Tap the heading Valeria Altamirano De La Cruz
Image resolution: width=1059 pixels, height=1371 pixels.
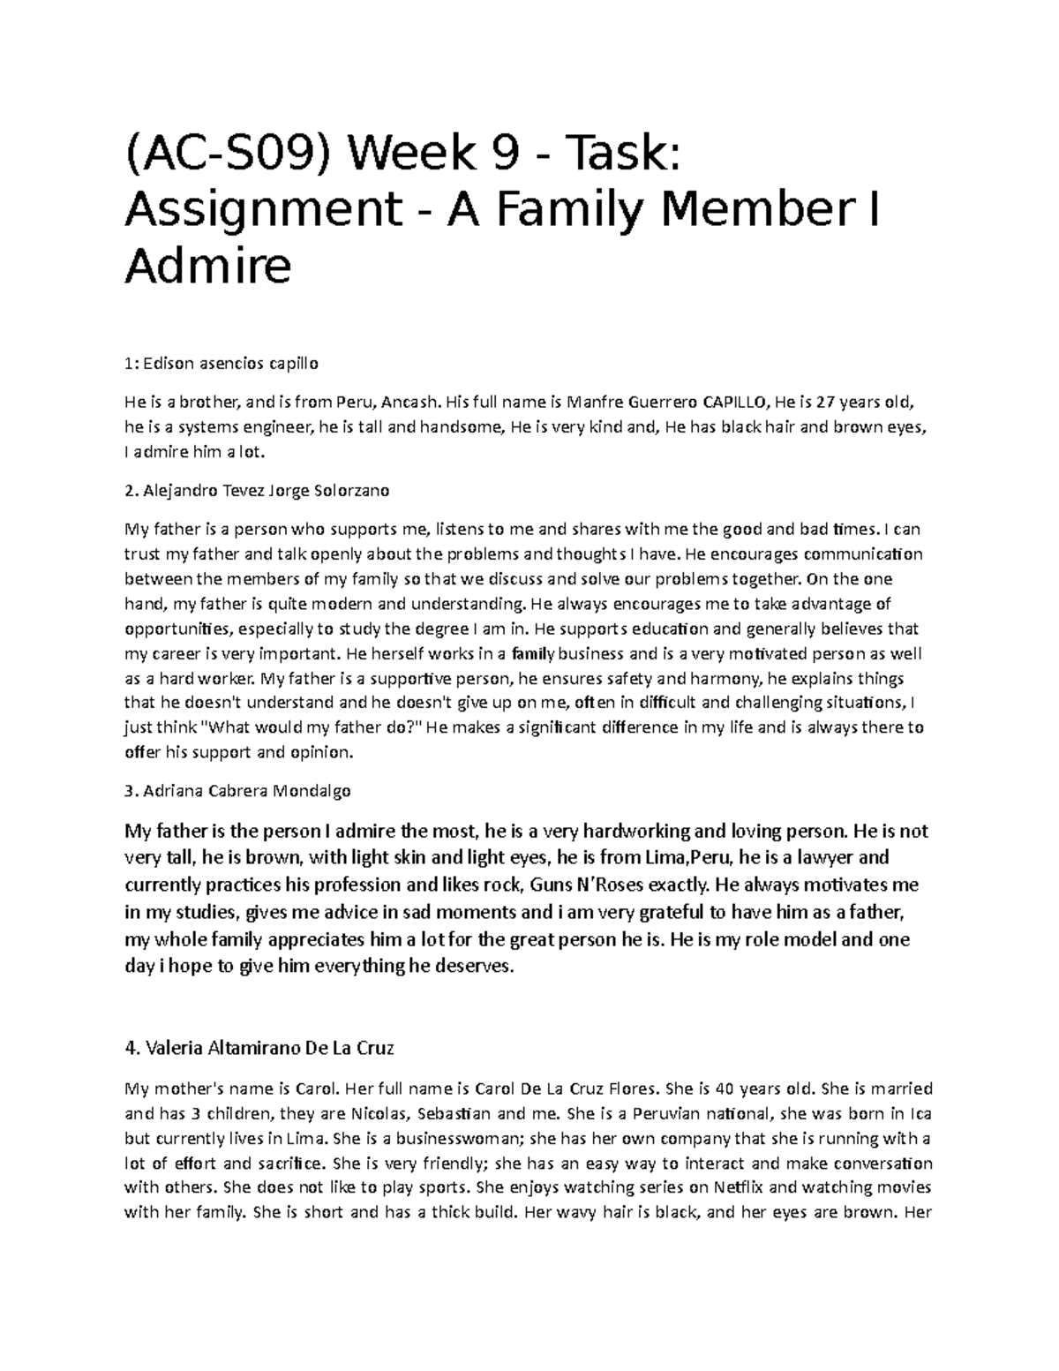tap(259, 1049)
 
